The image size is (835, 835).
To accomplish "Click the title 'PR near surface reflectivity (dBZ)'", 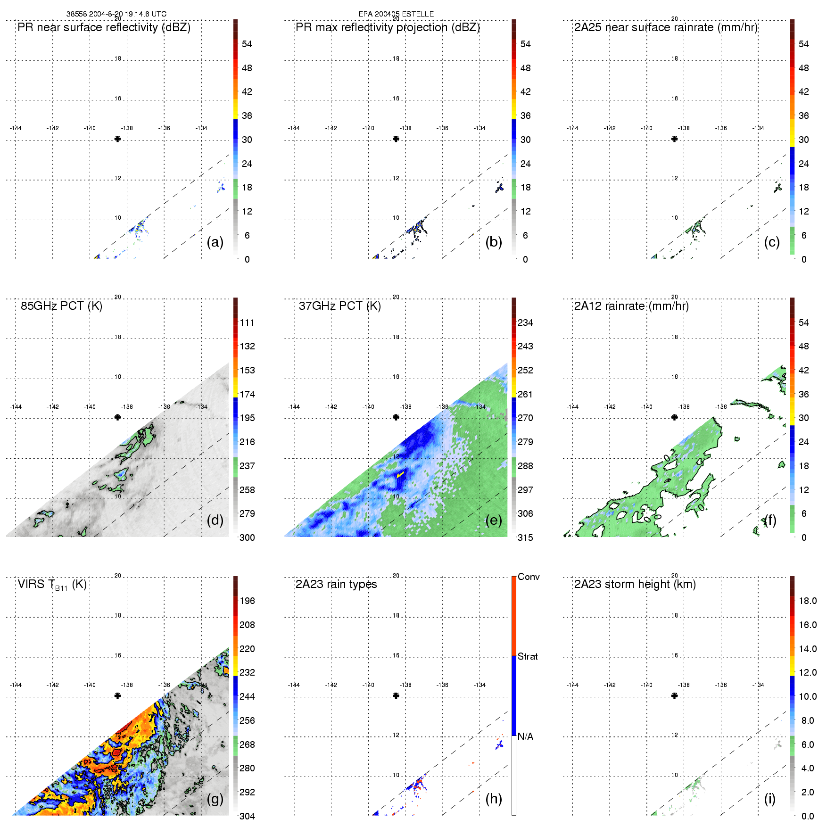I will click(104, 27).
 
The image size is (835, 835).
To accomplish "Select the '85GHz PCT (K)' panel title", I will click(61, 306).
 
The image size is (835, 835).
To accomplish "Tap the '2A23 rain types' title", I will click(336, 584).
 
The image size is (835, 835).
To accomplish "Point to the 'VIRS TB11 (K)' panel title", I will click(52, 585).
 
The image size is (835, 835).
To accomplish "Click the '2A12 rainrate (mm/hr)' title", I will click(631, 306).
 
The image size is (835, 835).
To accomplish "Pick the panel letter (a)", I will click(215, 242).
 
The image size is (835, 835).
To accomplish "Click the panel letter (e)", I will click(494, 520).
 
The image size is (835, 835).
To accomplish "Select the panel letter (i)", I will click(769, 799).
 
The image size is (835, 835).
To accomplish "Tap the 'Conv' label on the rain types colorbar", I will click(529, 577).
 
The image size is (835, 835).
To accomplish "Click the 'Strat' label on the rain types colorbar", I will click(528, 656).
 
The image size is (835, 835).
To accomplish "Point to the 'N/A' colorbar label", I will click(525, 736).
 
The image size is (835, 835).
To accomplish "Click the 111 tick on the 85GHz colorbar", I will click(247, 322).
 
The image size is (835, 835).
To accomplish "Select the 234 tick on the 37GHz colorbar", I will click(525, 322).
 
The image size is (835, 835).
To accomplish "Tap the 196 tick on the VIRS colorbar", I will click(247, 601).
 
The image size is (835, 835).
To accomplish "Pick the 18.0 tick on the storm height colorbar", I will click(808, 601).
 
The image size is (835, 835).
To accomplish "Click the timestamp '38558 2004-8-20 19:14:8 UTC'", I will click(116, 14).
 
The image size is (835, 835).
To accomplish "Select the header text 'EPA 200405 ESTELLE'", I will click(396, 14).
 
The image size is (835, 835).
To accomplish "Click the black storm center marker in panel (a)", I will click(117, 139).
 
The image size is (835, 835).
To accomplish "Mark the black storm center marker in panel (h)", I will click(396, 695).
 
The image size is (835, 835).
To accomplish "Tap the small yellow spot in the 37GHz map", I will click(401, 474).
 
